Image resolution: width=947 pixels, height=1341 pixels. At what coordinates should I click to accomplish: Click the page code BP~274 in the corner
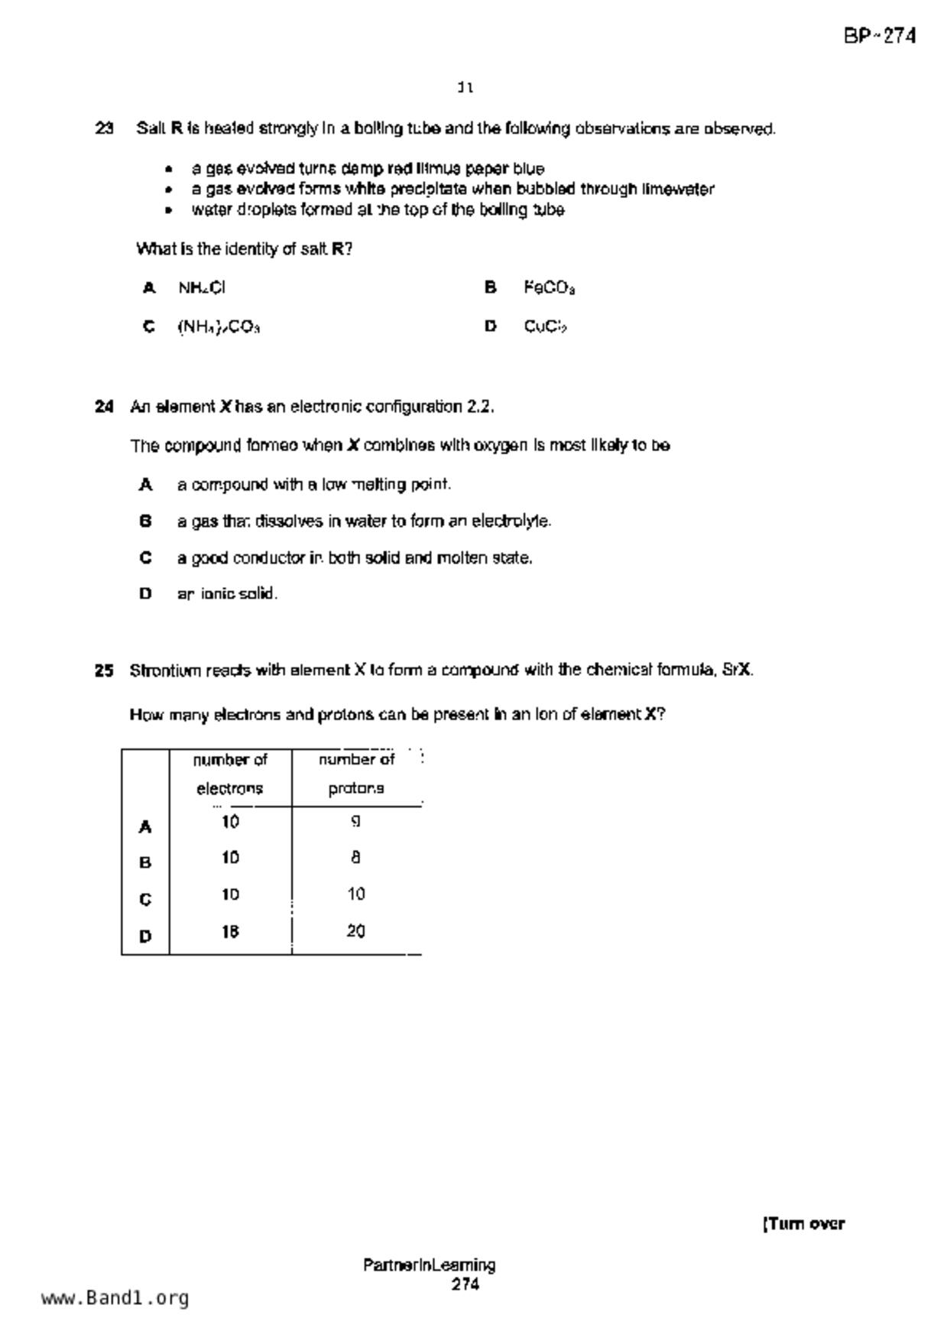[880, 36]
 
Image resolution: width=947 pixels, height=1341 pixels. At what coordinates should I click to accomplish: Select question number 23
[105, 128]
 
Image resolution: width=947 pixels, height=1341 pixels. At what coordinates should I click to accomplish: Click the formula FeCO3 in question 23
[549, 288]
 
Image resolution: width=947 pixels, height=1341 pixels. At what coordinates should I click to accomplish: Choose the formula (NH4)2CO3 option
[219, 327]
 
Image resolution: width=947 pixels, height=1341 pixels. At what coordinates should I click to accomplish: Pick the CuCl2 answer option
[545, 327]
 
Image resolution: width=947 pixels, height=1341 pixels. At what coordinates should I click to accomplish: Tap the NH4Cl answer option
[202, 288]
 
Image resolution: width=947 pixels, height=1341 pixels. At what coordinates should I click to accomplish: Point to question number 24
[105, 407]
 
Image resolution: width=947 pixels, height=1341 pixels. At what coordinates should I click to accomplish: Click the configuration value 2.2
[480, 407]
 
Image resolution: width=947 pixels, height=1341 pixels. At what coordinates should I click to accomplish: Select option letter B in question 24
[145, 521]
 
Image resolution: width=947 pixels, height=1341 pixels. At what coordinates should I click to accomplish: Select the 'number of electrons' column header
[230, 774]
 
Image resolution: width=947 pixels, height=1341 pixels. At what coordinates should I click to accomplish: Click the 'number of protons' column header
[356, 774]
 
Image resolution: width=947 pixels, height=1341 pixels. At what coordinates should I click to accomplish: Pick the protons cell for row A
[355, 822]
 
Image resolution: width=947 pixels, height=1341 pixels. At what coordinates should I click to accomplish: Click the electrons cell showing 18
[230, 932]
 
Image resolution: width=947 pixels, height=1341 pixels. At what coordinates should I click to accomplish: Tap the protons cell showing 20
[355, 932]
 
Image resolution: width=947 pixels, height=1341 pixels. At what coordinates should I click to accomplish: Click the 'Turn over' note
[803, 1224]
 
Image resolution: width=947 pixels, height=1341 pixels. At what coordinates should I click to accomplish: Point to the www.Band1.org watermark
[115, 1298]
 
